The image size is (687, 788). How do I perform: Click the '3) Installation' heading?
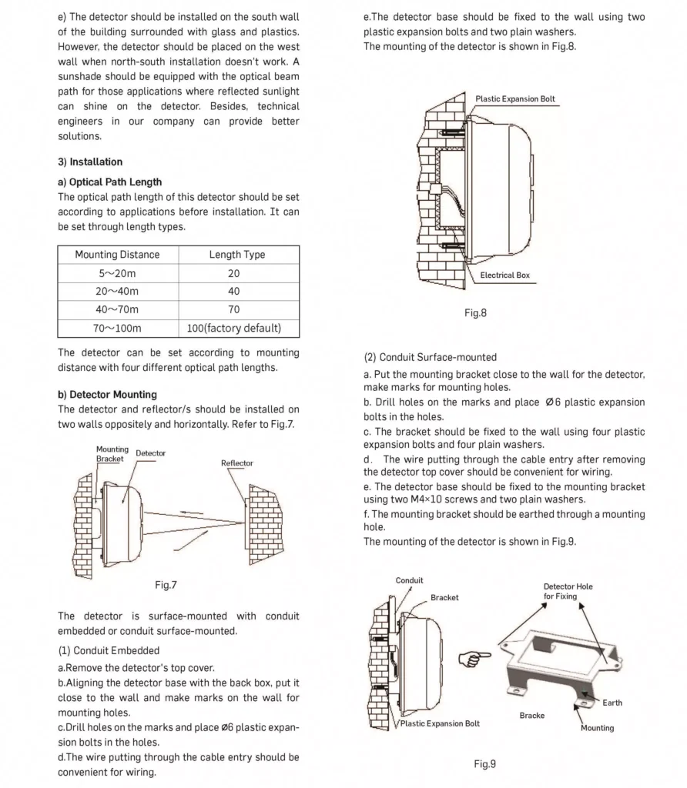90,162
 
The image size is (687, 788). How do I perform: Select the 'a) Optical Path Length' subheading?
110,182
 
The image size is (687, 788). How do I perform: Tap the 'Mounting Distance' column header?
117,255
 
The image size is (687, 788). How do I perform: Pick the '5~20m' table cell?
117,273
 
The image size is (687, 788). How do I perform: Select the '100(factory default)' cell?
234,329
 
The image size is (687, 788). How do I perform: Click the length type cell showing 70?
234,309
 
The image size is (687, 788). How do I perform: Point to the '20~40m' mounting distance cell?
117,292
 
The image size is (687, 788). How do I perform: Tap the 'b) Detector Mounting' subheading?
108,395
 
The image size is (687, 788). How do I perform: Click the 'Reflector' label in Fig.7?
237,463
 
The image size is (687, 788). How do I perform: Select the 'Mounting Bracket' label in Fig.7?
111,454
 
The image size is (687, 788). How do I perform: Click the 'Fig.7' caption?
166,585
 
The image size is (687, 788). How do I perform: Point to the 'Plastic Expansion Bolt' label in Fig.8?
515,99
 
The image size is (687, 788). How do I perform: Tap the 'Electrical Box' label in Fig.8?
504,275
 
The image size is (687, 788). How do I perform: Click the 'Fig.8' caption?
475,313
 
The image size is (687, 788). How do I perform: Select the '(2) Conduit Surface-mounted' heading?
431,357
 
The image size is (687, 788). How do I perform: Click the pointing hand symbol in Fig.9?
474,658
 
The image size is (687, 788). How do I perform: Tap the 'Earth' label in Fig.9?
612,703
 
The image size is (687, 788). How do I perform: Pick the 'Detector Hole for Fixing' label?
568,591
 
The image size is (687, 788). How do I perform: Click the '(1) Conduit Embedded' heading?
109,650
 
